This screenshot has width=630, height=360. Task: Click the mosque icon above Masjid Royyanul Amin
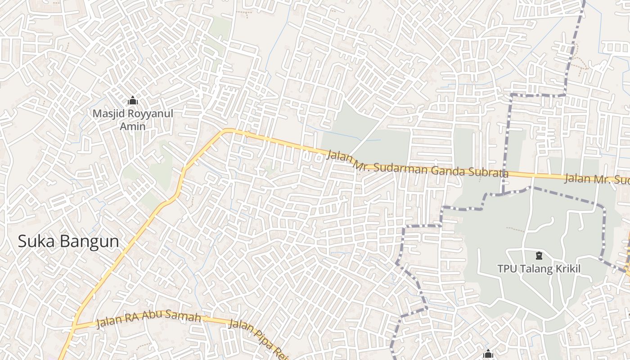(133, 100)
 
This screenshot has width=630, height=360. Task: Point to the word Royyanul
(150, 113)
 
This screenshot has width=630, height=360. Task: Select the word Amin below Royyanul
(133, 126)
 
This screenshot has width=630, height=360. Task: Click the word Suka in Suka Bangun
(36, 242)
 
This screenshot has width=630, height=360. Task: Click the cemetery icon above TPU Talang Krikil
(539, 256)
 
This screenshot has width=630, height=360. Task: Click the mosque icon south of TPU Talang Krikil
(489, 354)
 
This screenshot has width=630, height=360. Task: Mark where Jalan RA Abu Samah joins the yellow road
(76, 325)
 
